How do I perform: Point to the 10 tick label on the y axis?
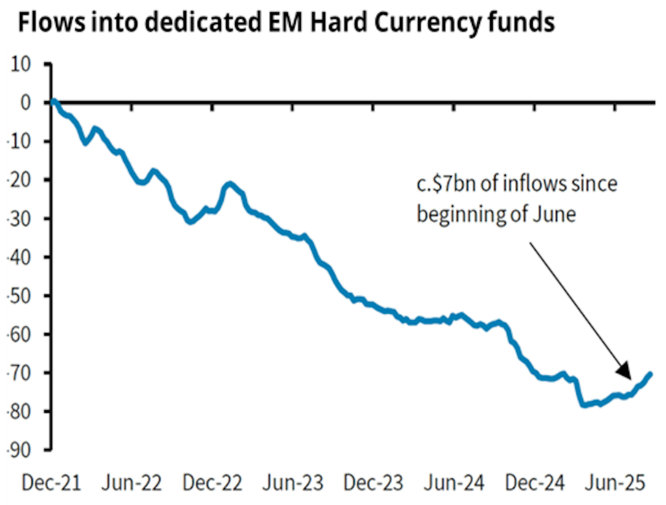point(20,65)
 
